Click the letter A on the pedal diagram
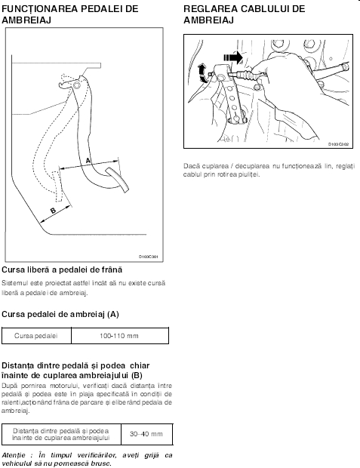click(88, 161)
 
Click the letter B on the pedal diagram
click(53, 211)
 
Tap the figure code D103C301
click(149, 257)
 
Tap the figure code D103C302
click(339, 144)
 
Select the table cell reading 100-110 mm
click(120, 336)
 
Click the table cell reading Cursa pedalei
click(36, 336)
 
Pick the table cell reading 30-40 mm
click(146, 434)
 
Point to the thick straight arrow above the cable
click(233, 57)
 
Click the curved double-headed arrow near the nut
click(202, 72)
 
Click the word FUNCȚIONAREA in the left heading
click(40, 9)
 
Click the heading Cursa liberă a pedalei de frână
click(62, 269)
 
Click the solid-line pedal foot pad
click(117, 180)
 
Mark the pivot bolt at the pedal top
click(77, 85)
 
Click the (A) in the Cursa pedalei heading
click(113, 314)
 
